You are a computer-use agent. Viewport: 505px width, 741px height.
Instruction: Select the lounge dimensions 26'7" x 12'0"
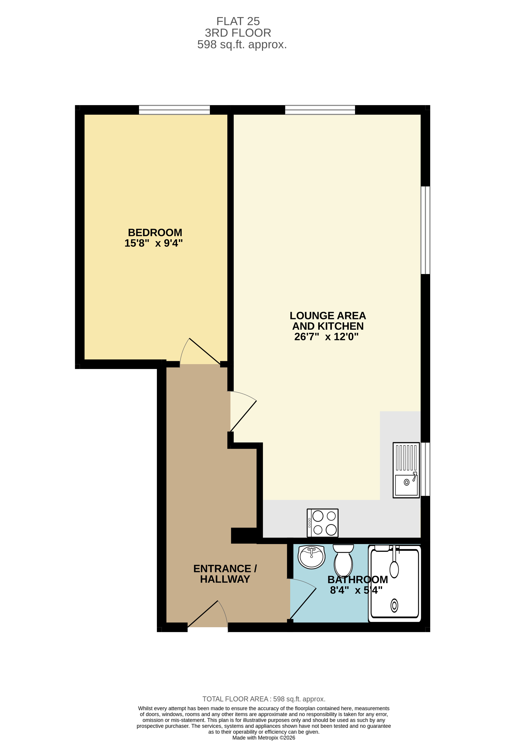[326, 337]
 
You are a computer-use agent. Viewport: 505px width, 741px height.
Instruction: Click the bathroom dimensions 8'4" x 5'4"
[356, 590]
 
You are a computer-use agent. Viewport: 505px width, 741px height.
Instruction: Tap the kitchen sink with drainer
[406, 470]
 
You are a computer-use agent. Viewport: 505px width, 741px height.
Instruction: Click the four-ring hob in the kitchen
[322, 523]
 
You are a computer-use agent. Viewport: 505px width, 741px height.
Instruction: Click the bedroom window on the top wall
[174, 110]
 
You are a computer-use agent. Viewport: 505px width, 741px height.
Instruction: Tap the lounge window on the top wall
[320, 110]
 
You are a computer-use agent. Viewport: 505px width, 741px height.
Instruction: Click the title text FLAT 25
[238, 21]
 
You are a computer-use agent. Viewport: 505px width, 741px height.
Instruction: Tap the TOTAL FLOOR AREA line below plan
[264, 699]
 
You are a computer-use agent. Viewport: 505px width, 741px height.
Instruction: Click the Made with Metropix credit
[264, 737]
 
